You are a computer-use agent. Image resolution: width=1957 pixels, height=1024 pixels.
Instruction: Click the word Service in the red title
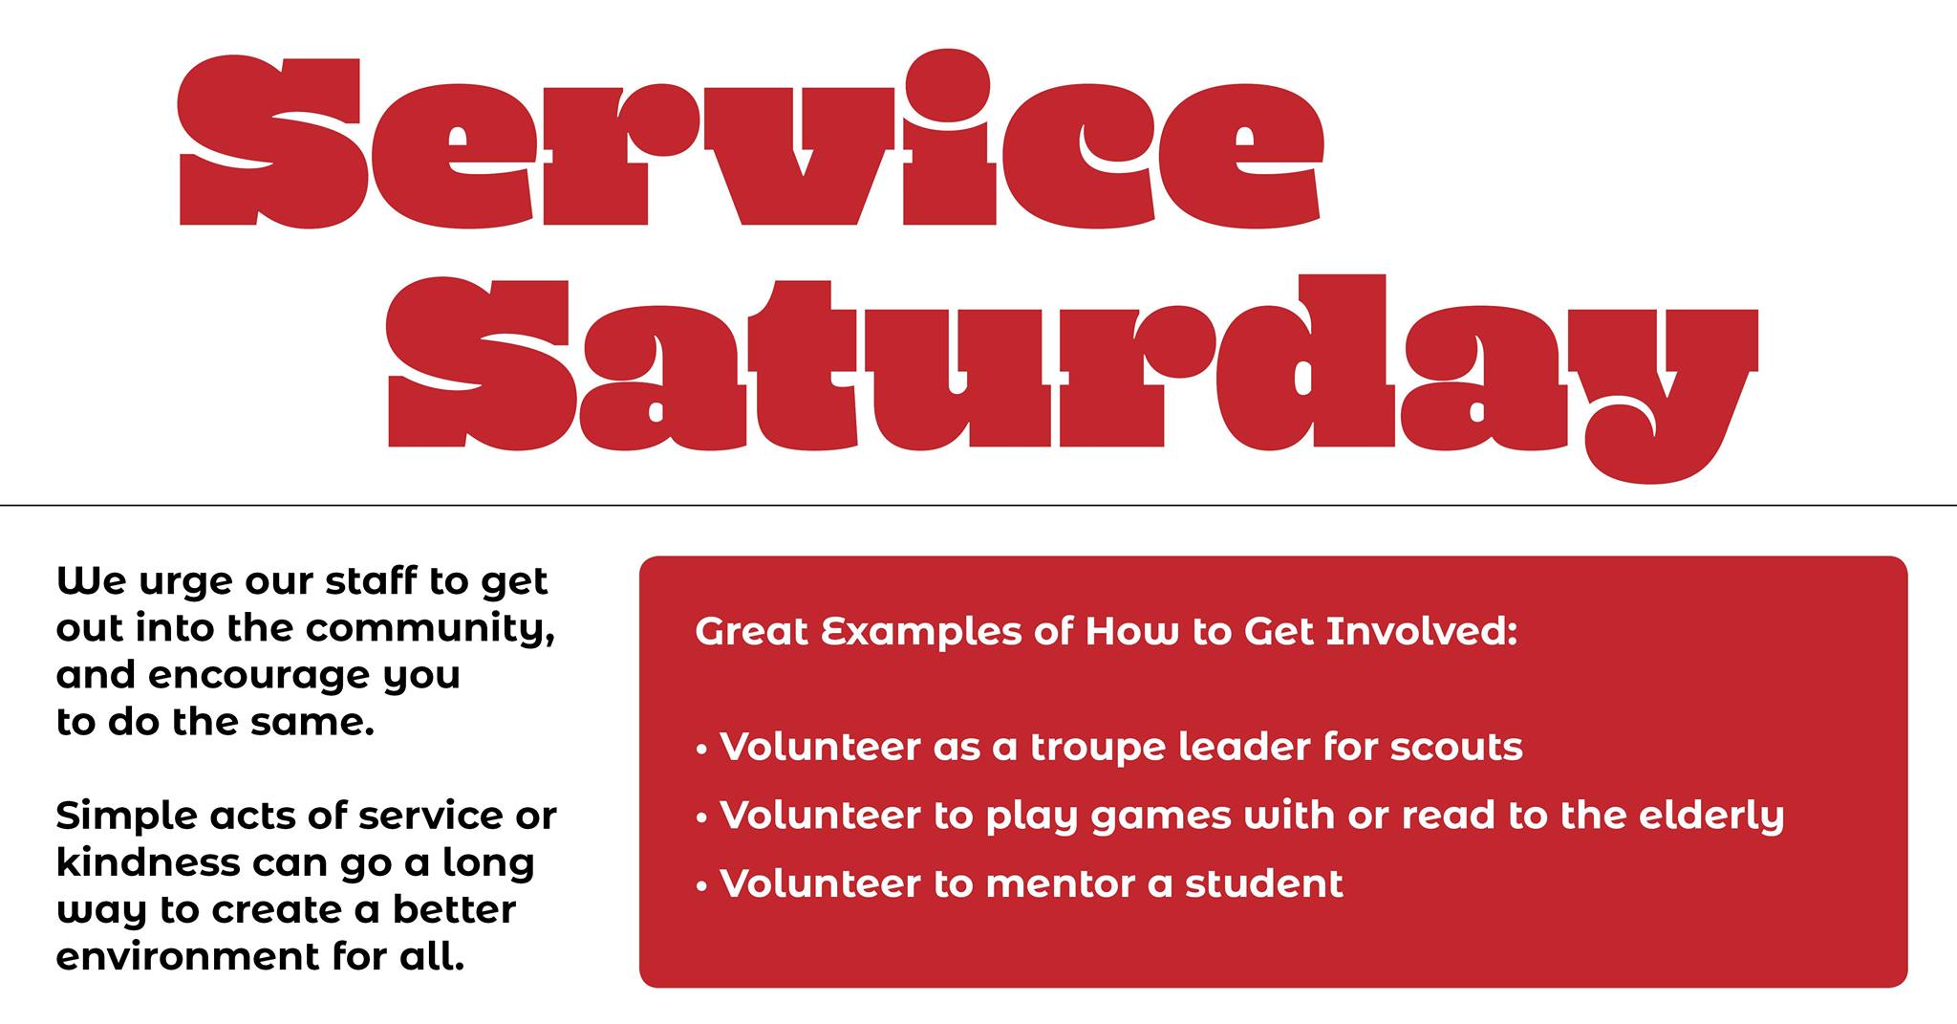pos(751,141)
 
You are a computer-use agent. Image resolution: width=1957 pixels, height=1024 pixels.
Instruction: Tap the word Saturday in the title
pos(1072,379)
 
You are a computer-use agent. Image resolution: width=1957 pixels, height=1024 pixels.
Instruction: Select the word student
pos(1264,884)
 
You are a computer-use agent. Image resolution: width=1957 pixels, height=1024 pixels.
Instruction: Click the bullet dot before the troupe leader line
pos(702,751)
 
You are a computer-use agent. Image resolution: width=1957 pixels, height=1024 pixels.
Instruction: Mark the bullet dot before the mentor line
pos(702,887)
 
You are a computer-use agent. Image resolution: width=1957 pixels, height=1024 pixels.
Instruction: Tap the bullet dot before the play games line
pos(702,819)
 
